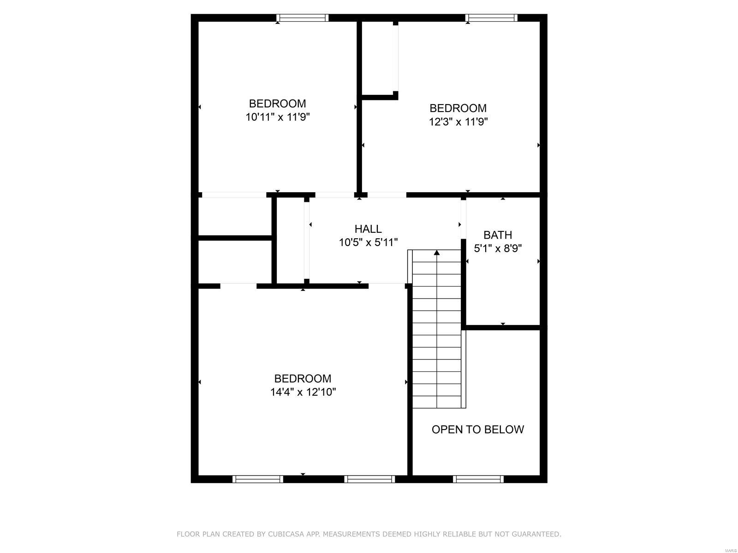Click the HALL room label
click(368, 229)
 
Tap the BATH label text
click(498, 235)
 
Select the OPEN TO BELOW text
click(477, 429)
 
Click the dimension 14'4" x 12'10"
click(303, 392)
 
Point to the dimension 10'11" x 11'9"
click(277, 117)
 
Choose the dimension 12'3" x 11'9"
click(458, 122)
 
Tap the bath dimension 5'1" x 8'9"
click(498, 249)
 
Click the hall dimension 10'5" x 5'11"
click(368, 242)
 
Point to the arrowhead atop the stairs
click(437, 253)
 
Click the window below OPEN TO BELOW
click(478, 479)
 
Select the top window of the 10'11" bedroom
click(303, 18)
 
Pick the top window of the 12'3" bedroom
click(491, 18)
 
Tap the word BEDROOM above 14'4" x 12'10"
click(303, 379)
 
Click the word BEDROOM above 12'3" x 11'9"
click(458, 108)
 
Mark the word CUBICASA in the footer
click(281, 535)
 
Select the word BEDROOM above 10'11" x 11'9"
click(277, 104)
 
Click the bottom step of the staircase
click(437, 402)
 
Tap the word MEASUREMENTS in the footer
click(350, 535)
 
